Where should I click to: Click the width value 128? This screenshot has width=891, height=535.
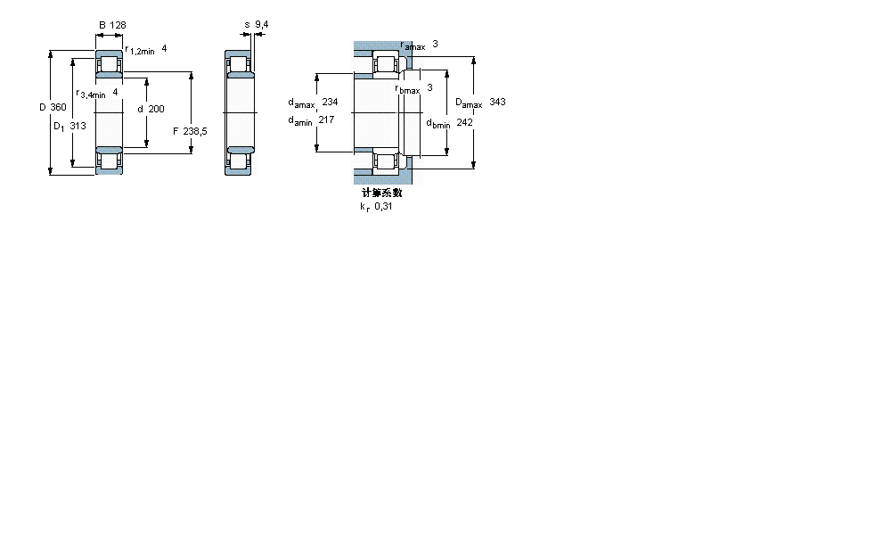118,25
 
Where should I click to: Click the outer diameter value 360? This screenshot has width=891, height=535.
59,108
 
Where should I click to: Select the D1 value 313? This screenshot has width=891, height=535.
78,126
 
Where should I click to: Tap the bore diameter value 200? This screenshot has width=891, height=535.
157,108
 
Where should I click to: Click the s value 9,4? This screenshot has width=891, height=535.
262,25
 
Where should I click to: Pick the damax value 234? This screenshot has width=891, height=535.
331,102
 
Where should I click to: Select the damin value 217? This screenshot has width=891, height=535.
326,119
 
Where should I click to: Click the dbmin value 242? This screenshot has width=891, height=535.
464,122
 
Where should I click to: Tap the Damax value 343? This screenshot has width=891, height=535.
497,103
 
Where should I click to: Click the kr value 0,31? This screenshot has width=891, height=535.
383,207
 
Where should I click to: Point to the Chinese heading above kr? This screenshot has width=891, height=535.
381,193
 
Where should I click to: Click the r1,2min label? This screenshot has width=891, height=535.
140,51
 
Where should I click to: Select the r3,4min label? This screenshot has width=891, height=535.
91,94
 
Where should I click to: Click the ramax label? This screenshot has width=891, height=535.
413,45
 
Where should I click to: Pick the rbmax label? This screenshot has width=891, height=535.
407,88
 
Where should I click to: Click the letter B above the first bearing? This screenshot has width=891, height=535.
102,25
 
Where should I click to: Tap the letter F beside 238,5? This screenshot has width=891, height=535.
175,132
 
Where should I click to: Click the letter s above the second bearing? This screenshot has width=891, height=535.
247,25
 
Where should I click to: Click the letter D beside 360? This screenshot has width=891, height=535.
42,108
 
